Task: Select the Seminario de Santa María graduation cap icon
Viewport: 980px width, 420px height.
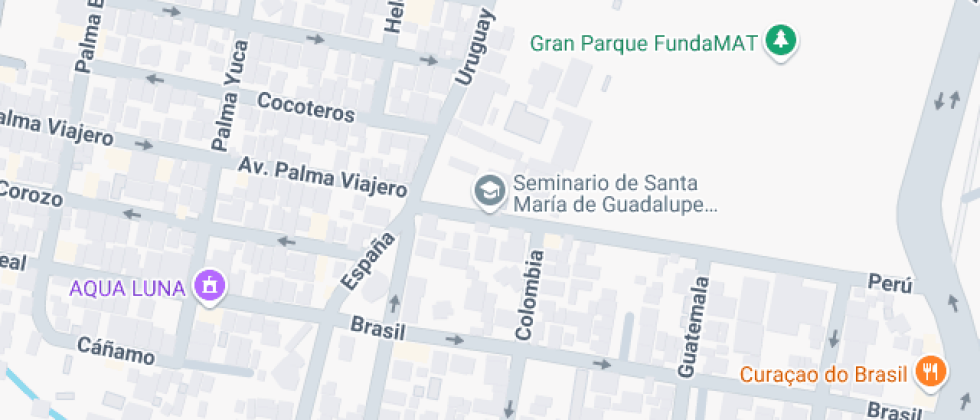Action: pos(489,190)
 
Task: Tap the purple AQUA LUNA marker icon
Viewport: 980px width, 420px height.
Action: pos(211,287)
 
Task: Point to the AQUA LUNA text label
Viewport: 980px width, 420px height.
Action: pos(127,288)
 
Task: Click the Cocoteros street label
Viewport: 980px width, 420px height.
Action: pos(306,107)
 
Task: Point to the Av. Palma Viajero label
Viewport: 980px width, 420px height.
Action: pos(322,176)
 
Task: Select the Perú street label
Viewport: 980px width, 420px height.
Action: pos(889,285)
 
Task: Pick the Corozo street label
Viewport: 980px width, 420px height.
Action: pos(30,193)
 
